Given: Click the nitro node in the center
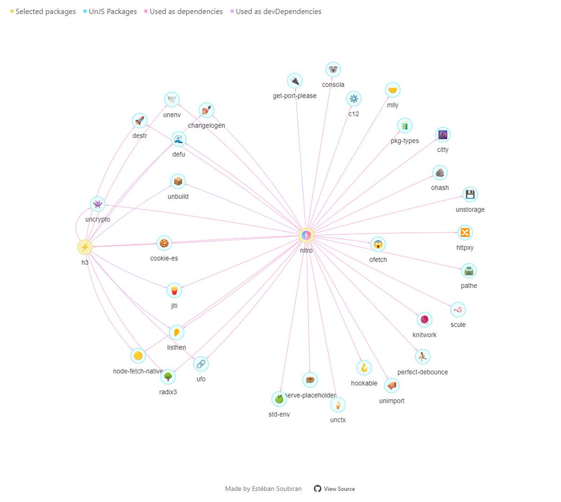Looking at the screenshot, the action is pyautogui.click(x=306, y=235).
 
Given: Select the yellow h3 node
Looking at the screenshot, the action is pyautogui.click(x=85, y=247).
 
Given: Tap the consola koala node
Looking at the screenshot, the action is pyautogui.click(x=333, y=70).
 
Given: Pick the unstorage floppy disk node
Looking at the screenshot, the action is pyautogui.click(x=470, y=194).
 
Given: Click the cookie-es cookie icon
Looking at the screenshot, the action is pyautogui.click(x=164, y=243).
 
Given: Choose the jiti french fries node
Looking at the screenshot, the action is pyautogui.click(x=174, y=291).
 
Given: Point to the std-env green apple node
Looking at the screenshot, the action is pyautogui.click(x=279, y=399).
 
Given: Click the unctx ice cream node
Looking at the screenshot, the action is pyautogui.click(x=338, y=405).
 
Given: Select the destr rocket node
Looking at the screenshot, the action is pyautogui.click(x=139, y=121).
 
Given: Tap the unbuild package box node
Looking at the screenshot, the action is pyautogui.click(x=178, y=181).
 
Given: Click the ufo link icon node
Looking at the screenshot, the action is pyautogui.click(x=201, y=364).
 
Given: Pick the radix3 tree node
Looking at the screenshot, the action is pyautogui.click(x=168, y=377).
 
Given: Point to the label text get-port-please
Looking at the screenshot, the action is pyautogui.click(x=295, y=96).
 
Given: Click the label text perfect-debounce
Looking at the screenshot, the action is pyautogui.click(x=423, y=372).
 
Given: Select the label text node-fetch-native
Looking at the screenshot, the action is pyautogui.click(x=138, y=371).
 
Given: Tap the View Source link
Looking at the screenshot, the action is pyautogui.click(x=339, y=489).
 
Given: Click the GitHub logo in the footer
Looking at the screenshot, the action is pyautogui.click(x=317, y=489).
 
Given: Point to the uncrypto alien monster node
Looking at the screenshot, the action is pyautogui.click(x=97, y=204).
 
